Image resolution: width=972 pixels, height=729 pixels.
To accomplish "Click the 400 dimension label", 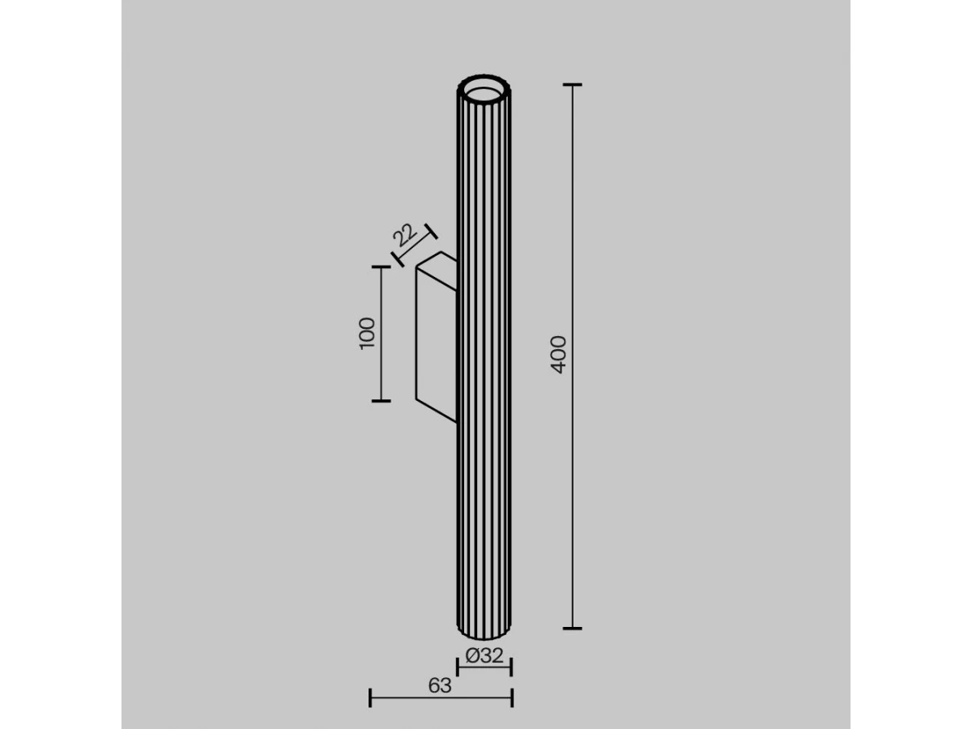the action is (x=559, y=355).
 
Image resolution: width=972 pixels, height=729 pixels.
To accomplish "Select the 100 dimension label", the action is (x=367, y=334).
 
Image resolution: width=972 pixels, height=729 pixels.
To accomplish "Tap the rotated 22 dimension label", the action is (x=405, y=235).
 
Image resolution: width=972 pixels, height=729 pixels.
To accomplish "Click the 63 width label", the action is (x=440, y=685).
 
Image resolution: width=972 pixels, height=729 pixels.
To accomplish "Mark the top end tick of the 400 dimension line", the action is (x=572, y=84).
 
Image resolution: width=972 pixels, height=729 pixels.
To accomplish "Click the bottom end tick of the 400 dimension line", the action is (x=572, y=628).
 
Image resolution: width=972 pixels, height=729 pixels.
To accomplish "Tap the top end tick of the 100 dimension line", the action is (x=382, y=267).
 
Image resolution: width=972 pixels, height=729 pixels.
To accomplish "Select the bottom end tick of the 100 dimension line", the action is (x=382, y=401).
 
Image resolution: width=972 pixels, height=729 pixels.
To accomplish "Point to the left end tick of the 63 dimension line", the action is (x=369, y=698).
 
